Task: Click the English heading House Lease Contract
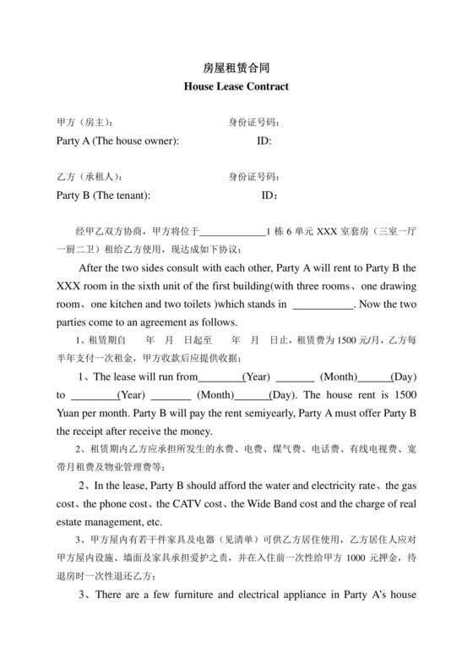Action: pyautogui.click(x=236, y=86)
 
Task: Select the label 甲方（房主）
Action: pyautogui.click(x=84, y=123)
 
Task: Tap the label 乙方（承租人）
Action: pyautogui.click(x=89, y=177)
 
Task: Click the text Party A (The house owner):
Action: pyautogui.click(x=117, y=140)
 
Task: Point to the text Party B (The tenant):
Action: pyautogui.click(x=103, y=195)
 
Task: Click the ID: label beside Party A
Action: pyautogui.click(x=264, y=140)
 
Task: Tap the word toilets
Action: pyautogui.click(x=219, y=303)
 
